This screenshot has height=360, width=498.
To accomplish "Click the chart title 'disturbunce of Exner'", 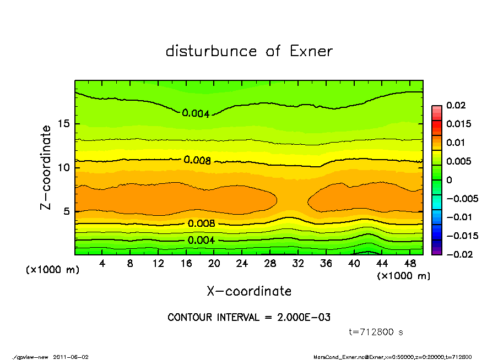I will tap(249, 51).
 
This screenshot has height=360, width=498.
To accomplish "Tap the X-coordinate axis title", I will tap(249, 291).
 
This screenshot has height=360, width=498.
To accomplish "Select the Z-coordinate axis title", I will tap(46, 167).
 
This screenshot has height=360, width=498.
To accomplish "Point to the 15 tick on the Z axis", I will tap(66, 124).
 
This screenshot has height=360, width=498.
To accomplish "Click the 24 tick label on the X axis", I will tap(242, 264).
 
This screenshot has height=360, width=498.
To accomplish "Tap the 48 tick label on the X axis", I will tap(410, 264).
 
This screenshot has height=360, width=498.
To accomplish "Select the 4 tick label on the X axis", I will tap(102, 264).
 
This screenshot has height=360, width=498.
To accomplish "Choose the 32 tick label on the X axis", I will tap(298, 264).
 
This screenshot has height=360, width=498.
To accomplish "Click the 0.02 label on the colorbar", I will tap(456, 105).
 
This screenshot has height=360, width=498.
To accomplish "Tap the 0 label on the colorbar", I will tap(449, 180).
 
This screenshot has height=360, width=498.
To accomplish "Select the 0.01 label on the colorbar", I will tap(456, 143).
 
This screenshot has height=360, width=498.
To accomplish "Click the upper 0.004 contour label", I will tap(196, 114).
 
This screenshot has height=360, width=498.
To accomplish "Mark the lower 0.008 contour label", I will tap(201, 223).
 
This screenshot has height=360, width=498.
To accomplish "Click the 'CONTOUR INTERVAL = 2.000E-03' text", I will tap(249, 318).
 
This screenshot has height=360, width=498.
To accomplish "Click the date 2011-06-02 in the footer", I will tap(71, 357).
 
